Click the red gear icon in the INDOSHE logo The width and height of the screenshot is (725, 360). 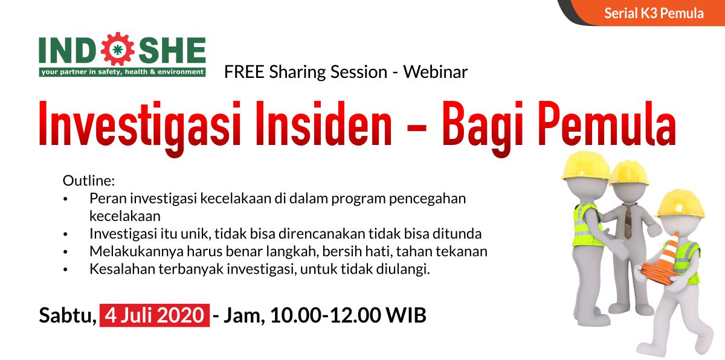(117, 49)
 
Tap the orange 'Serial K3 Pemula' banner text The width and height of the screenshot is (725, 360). (654, 13)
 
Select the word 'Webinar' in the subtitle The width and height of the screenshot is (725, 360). (436, 72)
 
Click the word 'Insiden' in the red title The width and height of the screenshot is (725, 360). (324, 124)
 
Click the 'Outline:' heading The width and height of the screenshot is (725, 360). (89, 181)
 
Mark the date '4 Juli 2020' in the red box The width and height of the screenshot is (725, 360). (155, 315)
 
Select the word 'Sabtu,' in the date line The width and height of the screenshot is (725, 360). (68, 315)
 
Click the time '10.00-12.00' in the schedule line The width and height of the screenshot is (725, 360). (326, 315)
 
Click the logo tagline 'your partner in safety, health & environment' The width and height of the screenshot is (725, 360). (122, 72)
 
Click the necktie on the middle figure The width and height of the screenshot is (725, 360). (628, 221)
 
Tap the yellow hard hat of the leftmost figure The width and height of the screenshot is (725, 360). (586, 166)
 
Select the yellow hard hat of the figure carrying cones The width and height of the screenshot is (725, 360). (680, 204)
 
